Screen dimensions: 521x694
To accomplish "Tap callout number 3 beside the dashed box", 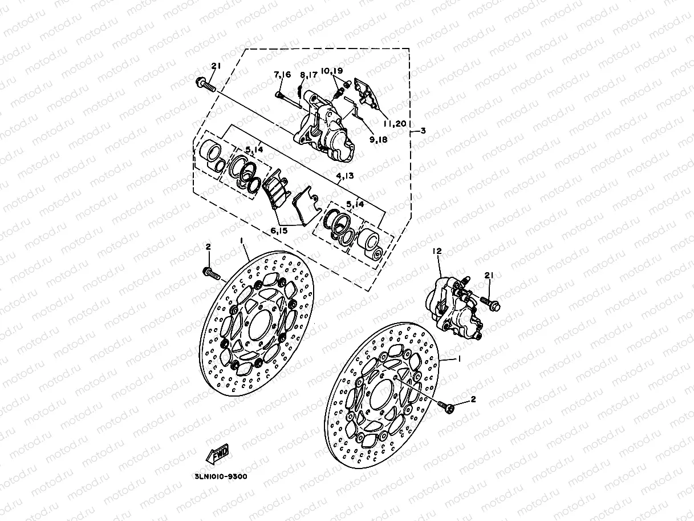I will pos(423,131).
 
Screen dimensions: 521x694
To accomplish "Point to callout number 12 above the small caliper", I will pos(437,251).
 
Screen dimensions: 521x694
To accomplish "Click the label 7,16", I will pos(282,75).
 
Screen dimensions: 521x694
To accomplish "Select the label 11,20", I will pos(394,123).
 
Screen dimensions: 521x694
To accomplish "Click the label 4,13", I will pos(344,176).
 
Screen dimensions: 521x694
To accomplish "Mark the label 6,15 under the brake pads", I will pos(280,231).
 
